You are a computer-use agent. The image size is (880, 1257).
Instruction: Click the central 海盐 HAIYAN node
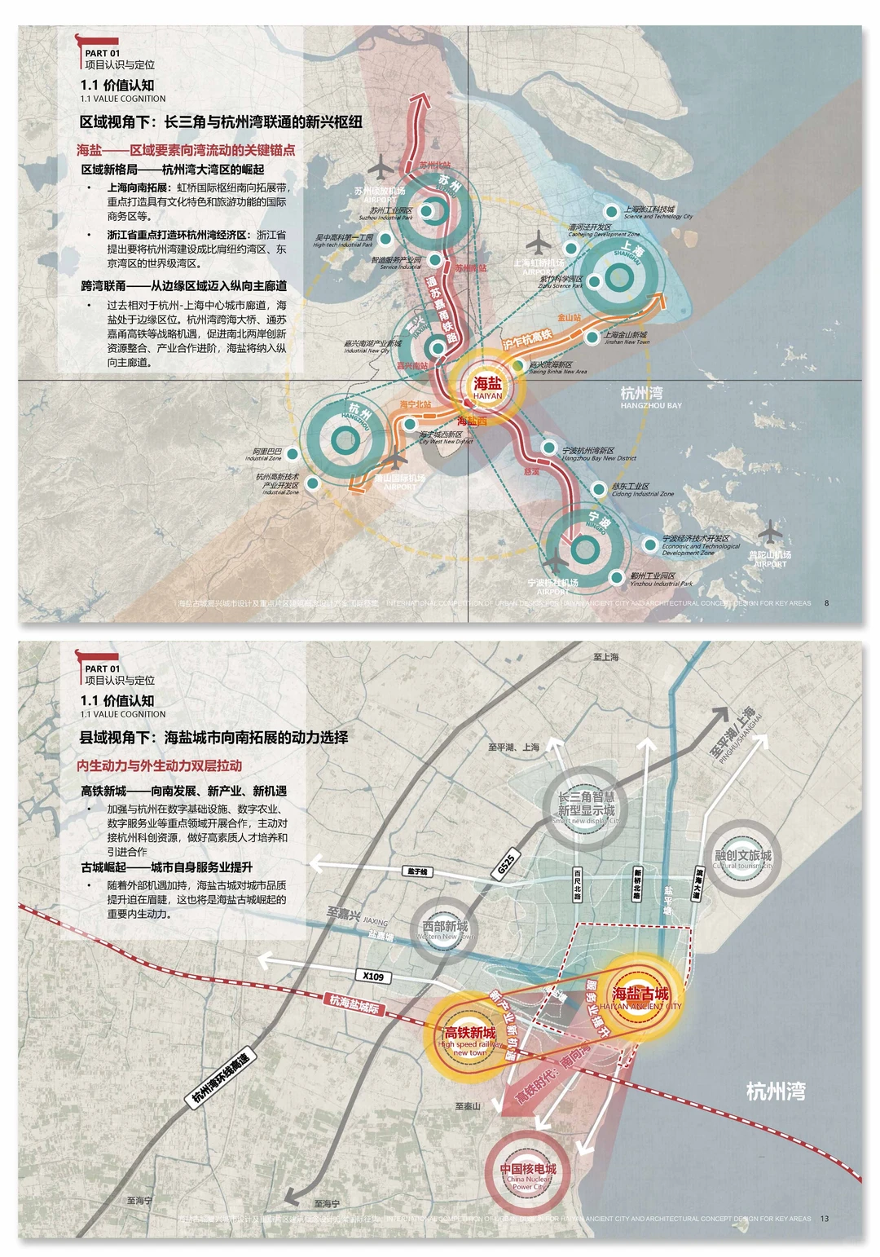pos(488,386)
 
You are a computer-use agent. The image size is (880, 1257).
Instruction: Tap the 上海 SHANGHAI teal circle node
pos(618,278)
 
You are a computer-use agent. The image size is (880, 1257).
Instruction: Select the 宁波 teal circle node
pos(584,549)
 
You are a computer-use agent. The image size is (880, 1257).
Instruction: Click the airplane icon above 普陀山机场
pos(769,534)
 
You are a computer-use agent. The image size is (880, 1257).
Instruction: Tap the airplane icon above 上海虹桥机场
pos(538,242)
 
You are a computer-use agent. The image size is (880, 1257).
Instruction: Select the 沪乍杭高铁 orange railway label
pos(527,339)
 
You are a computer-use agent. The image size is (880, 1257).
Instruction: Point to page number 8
pos(826,603)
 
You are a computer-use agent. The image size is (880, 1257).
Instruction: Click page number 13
pos(825,1219)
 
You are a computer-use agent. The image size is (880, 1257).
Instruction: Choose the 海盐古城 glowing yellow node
pos(640,998)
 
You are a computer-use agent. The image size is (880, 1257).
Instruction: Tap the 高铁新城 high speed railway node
pos(469,1039)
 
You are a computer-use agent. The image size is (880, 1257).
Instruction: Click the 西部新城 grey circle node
pos(445,929)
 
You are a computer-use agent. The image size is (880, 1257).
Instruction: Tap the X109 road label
pos(373,976)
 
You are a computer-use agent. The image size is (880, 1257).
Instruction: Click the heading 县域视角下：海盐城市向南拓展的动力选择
pos(213,737)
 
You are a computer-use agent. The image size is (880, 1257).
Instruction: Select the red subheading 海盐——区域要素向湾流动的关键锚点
pos(186,150)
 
